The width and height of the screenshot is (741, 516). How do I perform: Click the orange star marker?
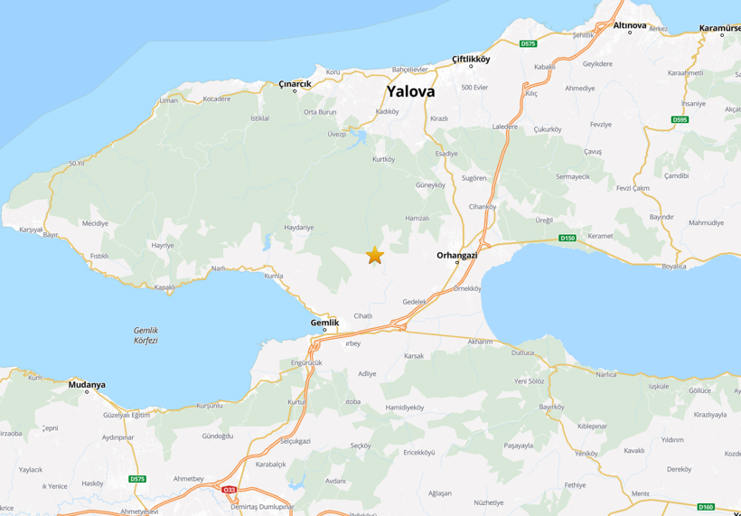tap(374, 256)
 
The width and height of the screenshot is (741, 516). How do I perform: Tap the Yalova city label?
tap(410, 91)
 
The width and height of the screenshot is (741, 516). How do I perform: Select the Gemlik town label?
tap(324, 323)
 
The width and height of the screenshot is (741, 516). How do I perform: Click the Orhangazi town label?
tap(456, 255)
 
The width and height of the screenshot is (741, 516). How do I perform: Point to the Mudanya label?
tap(87, 385)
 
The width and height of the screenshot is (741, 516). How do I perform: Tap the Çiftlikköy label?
tap(471, 59)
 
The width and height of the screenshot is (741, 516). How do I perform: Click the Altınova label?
tap(630, 25)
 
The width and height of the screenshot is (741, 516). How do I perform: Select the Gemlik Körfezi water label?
tap(145, 335)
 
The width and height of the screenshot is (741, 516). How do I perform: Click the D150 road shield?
tap(567, 238)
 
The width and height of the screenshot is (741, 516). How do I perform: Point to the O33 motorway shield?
tap(230, 490)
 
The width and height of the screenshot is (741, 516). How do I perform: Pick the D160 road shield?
tap(706, 507)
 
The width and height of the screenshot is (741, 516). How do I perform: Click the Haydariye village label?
tap(299, 228)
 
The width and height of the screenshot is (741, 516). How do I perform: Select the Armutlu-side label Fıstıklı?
tap(99, 256)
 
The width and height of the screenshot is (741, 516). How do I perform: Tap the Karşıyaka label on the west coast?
tap(32, 230)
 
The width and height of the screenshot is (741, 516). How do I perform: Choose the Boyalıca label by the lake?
tap(674, 266)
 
